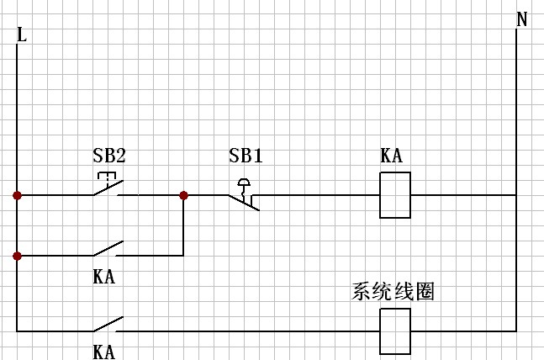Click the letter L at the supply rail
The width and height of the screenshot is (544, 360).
coord(21,34)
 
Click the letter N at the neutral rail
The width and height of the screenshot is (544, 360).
coord(521,19)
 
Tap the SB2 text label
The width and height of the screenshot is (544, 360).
coord(109,156)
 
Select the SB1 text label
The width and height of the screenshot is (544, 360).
coord(246,156)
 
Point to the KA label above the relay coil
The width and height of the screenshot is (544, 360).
coord(391,156)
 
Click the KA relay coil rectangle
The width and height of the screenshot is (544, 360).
coord(395,195)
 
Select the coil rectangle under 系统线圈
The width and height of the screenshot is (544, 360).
coord(395,331)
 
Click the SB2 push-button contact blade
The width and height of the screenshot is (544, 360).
coord(108,189)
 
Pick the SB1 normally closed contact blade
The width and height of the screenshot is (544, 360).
coord(245,202)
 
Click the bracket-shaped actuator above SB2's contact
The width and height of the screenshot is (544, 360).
coord(106,177)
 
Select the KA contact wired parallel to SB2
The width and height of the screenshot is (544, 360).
coord(108,249)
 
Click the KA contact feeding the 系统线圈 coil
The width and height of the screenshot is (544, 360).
coord(108,325)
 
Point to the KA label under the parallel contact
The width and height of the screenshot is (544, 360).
coord(103,275)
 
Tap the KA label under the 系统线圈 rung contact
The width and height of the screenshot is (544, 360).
coord(103,350)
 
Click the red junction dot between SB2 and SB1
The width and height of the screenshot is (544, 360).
coord(183,195)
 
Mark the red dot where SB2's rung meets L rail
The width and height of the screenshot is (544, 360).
coord(17,195)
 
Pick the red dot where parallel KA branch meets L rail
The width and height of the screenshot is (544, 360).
coord(17,255)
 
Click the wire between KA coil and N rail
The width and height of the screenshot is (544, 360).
coord(463,195)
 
